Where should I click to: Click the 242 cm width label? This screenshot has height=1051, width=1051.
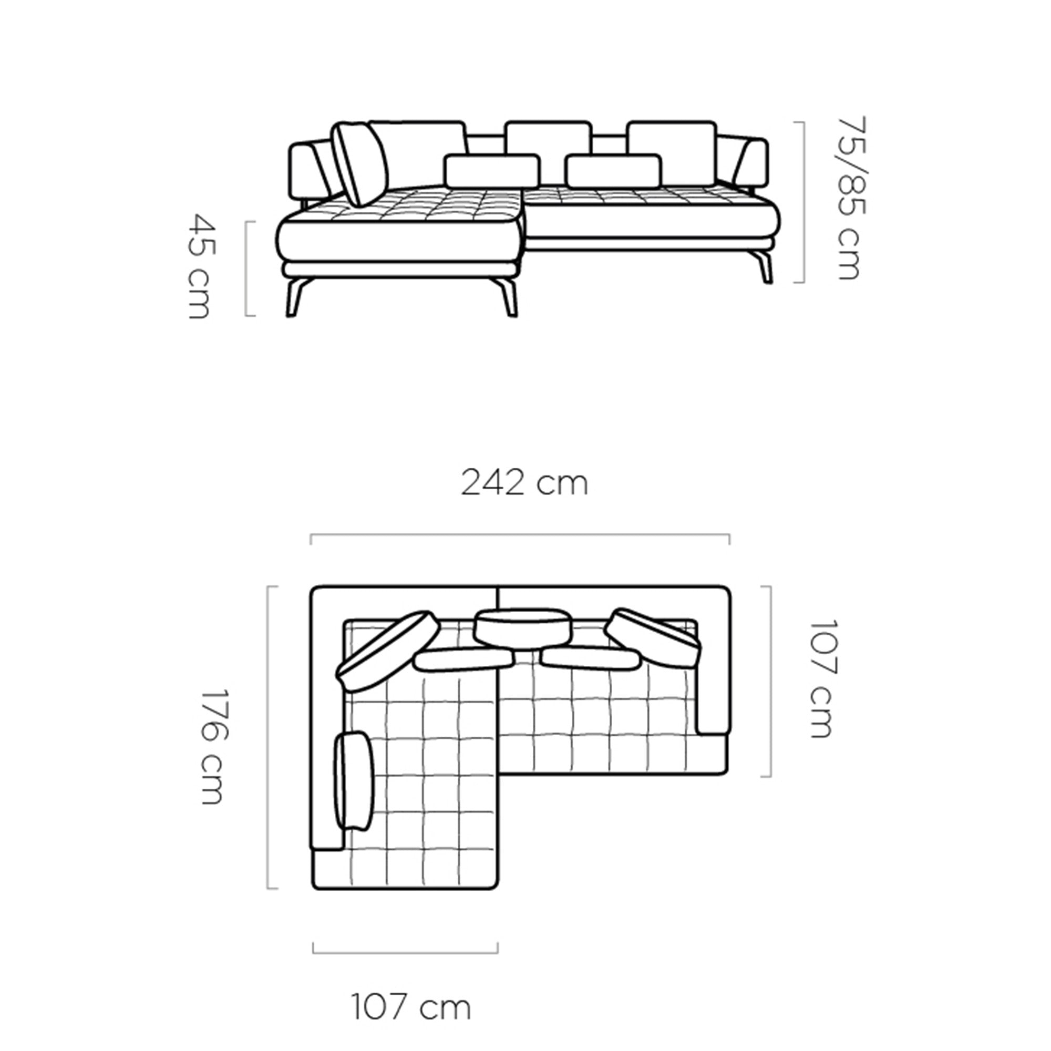524,483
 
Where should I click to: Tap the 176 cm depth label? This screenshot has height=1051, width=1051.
212,747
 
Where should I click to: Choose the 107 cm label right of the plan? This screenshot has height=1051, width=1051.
822,679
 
